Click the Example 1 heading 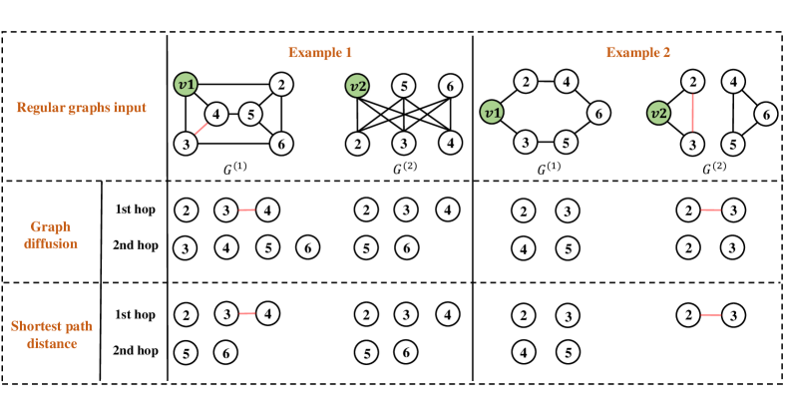319,50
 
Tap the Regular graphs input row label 83,107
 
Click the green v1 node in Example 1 186,84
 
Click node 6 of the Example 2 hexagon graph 597,114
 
